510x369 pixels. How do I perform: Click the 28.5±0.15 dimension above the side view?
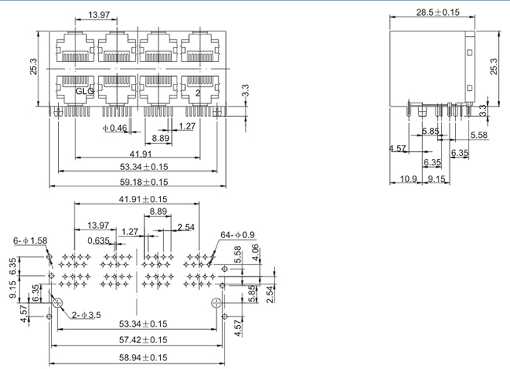coord(438,13)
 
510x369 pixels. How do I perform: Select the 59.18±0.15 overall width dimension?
coord(144,182)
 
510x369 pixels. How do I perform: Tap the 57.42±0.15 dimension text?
coord(143,340)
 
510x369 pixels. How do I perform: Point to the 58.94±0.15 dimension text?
coord(143,357)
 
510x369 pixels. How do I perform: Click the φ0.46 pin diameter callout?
coord(115,128)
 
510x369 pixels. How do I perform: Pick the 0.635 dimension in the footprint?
coord(98,241)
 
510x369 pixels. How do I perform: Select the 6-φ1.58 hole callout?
coord(31,241)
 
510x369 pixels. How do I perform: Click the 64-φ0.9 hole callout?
coord(238,234)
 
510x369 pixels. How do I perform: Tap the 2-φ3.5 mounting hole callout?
coord(86,315)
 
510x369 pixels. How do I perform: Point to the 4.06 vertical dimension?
coord(256,252)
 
